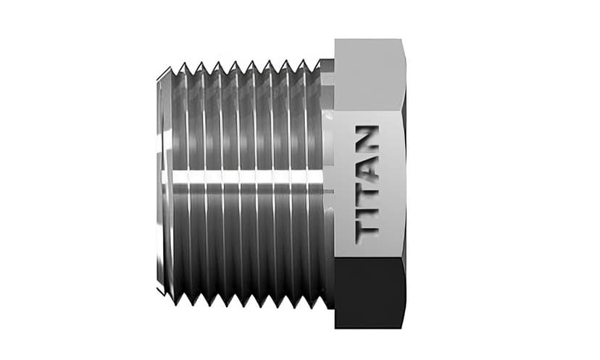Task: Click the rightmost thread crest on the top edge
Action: tap(317, 64)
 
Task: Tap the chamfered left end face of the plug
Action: tap(161, 181)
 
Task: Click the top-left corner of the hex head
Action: tap(336, 41)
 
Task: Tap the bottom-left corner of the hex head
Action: tap(336, 326)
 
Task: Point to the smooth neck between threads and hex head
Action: tap(328, 181)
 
